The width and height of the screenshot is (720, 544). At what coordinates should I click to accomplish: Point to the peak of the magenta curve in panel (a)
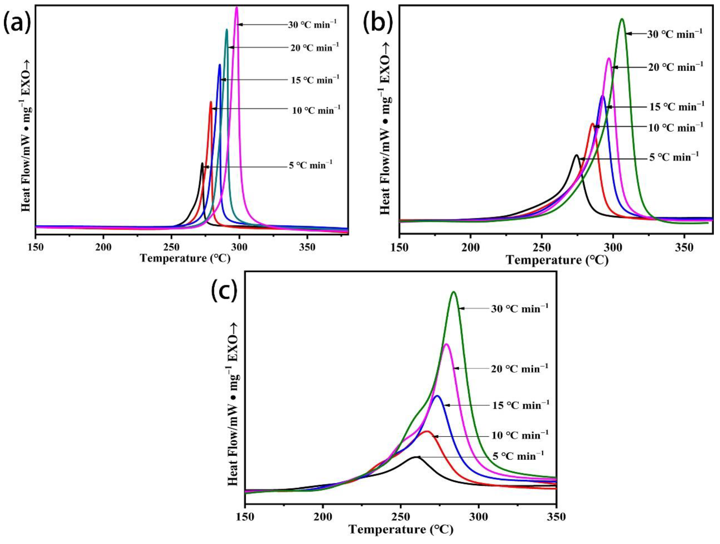coord(237,7)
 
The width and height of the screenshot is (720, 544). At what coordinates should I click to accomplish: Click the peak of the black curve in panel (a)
coord(202,163)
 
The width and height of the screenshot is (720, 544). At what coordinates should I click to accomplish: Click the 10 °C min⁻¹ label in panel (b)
coord(675,127)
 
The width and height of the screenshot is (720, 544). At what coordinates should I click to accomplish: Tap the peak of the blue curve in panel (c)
coord(437,396)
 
